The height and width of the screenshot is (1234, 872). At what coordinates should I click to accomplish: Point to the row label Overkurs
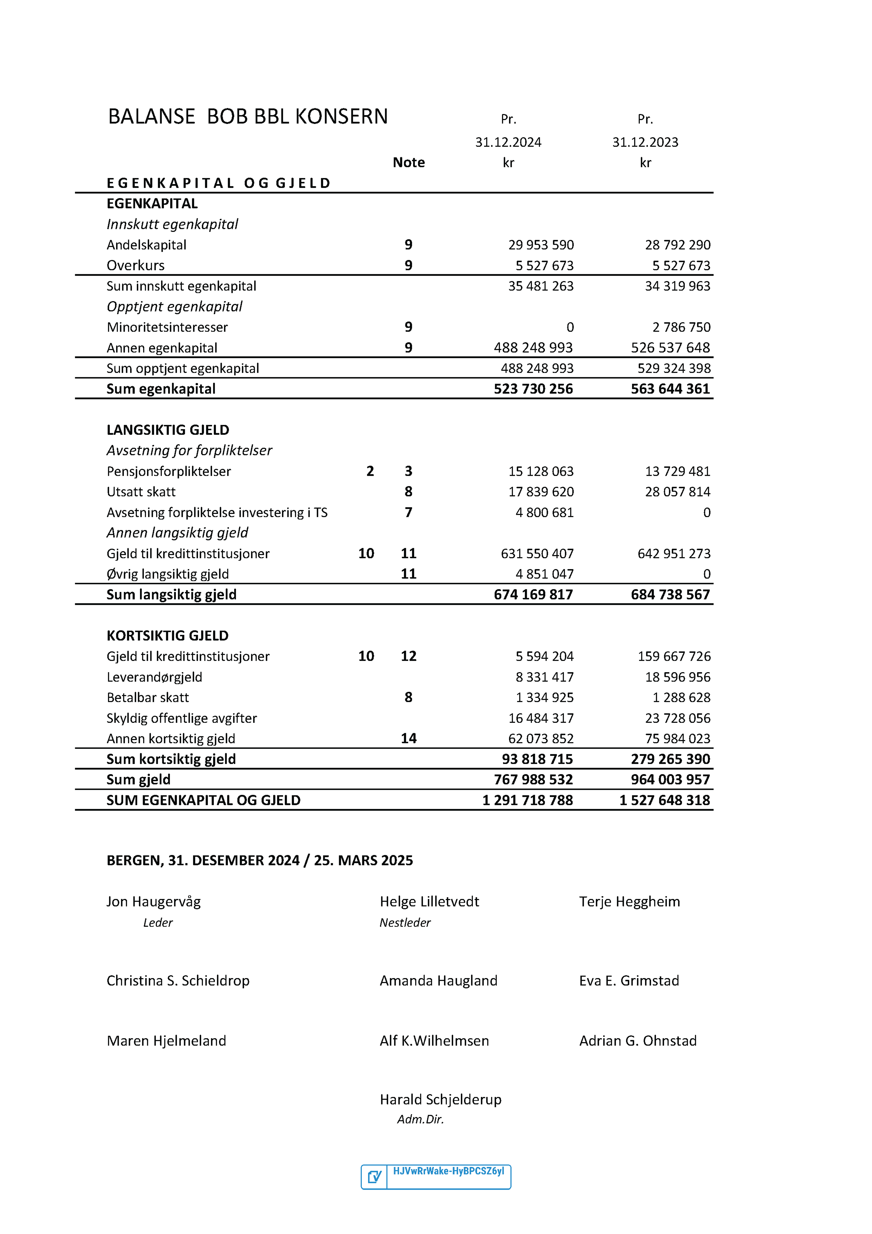(x=135, y=266)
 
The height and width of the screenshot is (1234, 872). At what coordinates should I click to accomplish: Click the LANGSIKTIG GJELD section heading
(x=168, y=430)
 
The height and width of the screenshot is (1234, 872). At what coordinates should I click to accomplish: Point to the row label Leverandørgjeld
(x=154, y=677)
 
